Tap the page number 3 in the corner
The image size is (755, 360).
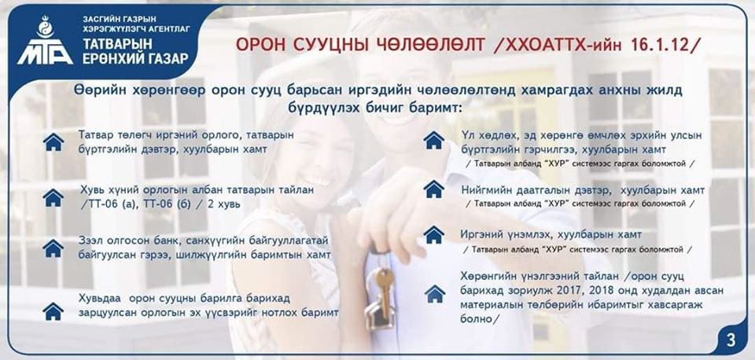pos(731,340)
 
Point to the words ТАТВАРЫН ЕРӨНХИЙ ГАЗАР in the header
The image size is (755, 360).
pos(135,52)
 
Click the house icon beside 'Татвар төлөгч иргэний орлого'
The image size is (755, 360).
pos(53,142)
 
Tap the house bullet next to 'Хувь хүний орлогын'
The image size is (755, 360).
pos(53,197)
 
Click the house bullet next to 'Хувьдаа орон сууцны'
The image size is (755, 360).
pos(53,311)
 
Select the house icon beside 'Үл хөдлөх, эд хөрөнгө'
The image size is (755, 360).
pos(434,140)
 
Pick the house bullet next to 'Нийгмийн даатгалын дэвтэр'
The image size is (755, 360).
pos(434,189)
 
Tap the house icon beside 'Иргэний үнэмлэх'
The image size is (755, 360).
pos(434,234)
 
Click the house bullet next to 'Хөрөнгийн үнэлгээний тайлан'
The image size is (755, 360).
pos(435,294)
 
